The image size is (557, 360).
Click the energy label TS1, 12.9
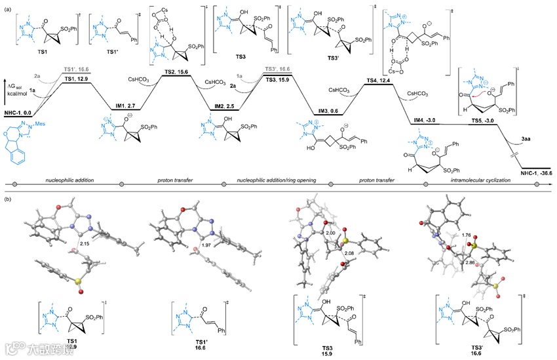(77, 79)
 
